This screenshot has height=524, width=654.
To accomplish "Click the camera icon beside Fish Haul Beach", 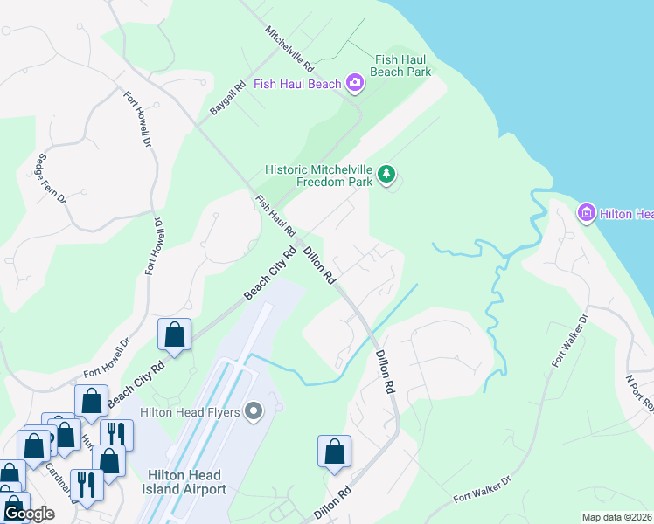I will tap(355, 83).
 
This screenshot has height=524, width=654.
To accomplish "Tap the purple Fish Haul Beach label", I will tap(297, 84).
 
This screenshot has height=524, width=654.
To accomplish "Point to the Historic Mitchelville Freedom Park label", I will tap(320, 175).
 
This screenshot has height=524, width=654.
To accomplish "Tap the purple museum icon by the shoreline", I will tap(586, 212).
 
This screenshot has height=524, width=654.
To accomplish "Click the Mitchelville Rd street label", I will tap(289, 48).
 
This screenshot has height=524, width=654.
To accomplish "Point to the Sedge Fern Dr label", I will tap(51, 178).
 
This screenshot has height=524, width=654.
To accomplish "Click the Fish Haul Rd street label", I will tap(275, 216).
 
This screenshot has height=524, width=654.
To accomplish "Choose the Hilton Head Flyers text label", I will tap(191, 410).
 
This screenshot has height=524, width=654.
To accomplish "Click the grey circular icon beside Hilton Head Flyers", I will tap(254, 410).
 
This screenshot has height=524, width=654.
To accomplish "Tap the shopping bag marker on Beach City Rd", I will tap(175, 334).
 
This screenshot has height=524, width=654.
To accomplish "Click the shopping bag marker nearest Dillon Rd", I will tap(334, 452).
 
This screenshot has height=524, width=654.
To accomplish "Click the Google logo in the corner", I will tap(29, 514).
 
